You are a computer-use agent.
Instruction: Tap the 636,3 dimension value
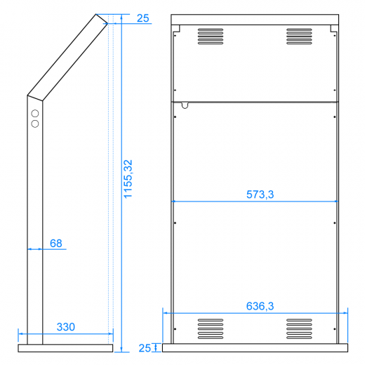260,306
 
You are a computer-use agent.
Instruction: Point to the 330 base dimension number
65,327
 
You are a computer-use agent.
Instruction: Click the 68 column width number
56,244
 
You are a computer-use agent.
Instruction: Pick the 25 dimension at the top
143,18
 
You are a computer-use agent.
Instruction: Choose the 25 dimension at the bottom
144,348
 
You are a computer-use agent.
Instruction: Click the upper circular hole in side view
34,112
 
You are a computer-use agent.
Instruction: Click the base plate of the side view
65,347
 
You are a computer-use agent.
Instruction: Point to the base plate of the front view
255,347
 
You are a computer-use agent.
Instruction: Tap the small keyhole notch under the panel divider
185,105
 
